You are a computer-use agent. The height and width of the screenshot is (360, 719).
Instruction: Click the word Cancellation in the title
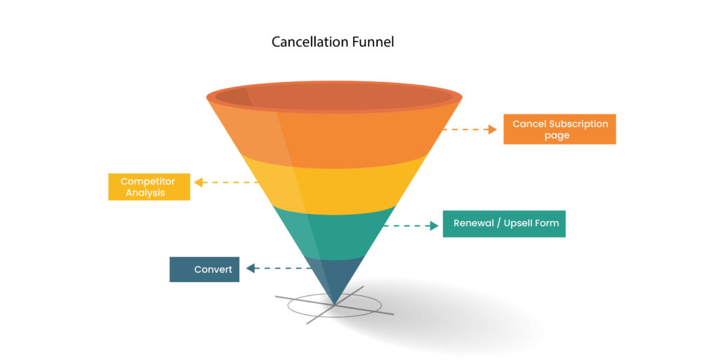306,42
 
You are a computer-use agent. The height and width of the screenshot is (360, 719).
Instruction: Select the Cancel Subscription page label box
560,129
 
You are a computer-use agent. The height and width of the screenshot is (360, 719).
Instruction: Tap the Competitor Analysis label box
149,186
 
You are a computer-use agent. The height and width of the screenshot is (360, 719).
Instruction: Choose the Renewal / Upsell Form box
504,224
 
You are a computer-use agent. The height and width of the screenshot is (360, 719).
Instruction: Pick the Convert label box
204,269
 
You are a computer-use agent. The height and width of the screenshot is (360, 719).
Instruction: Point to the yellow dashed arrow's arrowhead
199,182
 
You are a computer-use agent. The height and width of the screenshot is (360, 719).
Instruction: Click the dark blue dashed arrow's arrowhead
249,268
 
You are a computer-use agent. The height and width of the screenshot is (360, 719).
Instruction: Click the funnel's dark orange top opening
334,97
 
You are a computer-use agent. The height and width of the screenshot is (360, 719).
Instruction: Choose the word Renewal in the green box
475,224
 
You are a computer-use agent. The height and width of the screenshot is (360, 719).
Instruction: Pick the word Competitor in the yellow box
147,181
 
